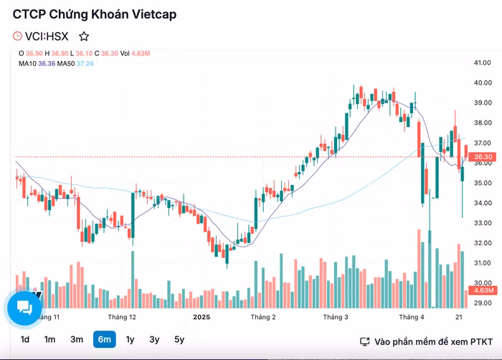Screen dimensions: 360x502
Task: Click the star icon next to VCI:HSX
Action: click(84, 36)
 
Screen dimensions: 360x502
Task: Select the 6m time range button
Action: click(104, 340)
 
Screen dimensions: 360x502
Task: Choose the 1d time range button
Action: click(25, 340)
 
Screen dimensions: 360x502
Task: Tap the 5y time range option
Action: click(179, 340)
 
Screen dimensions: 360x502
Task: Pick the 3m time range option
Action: click(77, 340)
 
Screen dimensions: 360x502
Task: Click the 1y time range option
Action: click(130, 340)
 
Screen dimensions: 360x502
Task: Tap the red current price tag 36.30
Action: click(482, 156)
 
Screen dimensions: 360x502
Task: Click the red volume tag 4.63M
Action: click(480, 290)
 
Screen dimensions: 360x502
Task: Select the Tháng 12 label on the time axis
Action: click(122, 316)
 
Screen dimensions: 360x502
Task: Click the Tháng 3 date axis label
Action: click(336, 316)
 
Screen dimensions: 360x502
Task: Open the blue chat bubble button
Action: click(25, 308)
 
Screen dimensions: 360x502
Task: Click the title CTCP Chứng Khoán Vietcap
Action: click(95, 14)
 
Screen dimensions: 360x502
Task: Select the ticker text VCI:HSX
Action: click(48, 36)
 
